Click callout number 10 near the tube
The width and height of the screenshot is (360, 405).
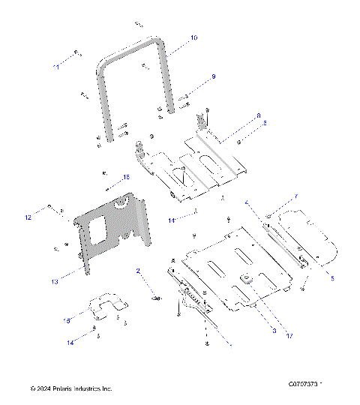[193, 37]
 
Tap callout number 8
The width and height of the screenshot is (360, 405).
[258, 116]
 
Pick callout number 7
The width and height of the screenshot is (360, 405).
[295, 196]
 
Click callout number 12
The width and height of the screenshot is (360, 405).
[28, 217]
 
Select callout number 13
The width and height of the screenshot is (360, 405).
[54, 282]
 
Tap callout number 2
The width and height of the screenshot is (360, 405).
[138, 270]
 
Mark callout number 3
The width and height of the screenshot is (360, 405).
[274, 331]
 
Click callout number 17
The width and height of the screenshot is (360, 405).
[288, 336]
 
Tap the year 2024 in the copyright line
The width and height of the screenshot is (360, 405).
[45, 389]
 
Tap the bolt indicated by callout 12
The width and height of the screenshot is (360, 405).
[50, 206]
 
